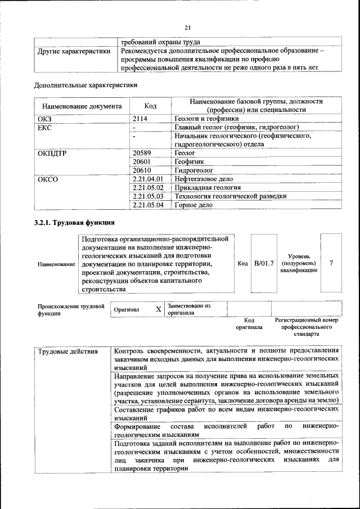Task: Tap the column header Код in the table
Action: click(x=150, y=106)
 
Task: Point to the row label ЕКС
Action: click(x=44, y=128)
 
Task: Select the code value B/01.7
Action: click(x=263, y=263)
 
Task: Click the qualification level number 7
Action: click(x=331, y=263)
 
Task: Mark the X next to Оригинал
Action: click(x=158, y=309)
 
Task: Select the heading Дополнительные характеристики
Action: click(x=85, y=85)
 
